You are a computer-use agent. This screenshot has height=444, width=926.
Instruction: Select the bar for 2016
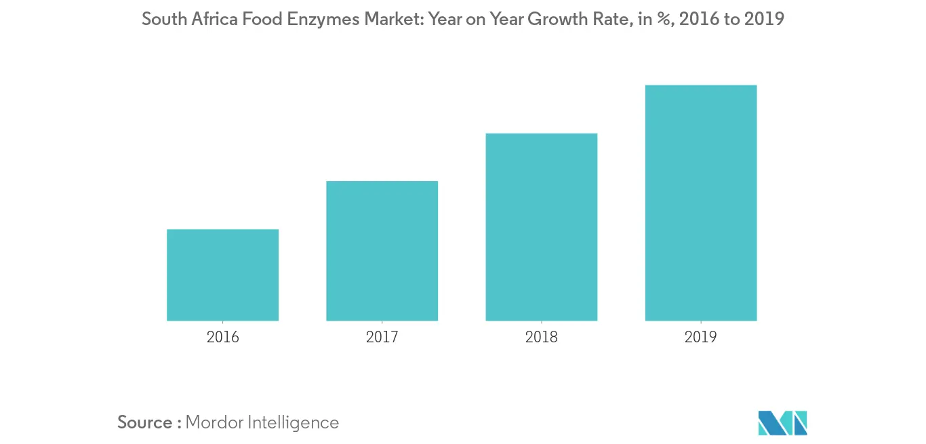pyautogui.click(x=222, y=275)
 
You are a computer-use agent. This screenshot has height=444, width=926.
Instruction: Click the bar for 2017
pyautogui.click(x=382, y=251)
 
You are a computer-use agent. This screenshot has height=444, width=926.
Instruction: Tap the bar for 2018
pyautogui.click(x=541, y=227)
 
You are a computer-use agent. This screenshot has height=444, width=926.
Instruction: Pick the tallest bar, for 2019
pyautogui.click(x=700, y=203)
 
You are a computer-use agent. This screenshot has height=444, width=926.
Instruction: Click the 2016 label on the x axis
pyautogui.click(x=222, y=337)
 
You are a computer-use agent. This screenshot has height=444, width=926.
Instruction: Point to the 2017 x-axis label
pyautogui.click(x=382, y=337)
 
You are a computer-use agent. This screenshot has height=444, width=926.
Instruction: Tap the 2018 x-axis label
pyautogui.click(x=541, y=337)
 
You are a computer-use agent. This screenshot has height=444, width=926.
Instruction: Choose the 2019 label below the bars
pyautogui.click(x=700, y=337)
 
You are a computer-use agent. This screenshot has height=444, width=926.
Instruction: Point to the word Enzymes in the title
pyautogui.click(x=323, y=20)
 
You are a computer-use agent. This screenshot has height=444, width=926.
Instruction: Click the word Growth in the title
pyautogui.click(x=558, y=20)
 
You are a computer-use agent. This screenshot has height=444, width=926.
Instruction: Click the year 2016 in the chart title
pyautogui.click(x=700, y=20)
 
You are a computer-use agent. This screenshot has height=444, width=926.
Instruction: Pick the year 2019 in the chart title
pyautogui.click(x=764, y=20)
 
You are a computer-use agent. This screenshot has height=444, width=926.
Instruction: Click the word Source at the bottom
pyautogui.click(x=145, y=422)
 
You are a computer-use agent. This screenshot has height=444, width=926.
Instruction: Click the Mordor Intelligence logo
pyautogui.click(x=782, y=423)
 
